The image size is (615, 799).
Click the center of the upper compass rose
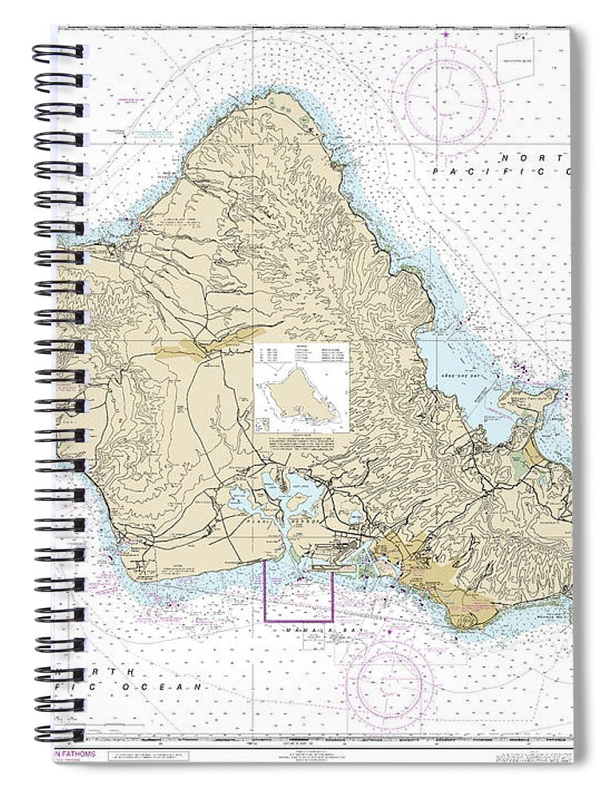(450, 97)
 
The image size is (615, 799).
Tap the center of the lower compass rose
(395, 684)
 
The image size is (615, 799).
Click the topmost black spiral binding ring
(58, 52)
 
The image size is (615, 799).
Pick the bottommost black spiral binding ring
(58, 733)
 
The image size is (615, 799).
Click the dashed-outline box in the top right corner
(518, 59)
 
